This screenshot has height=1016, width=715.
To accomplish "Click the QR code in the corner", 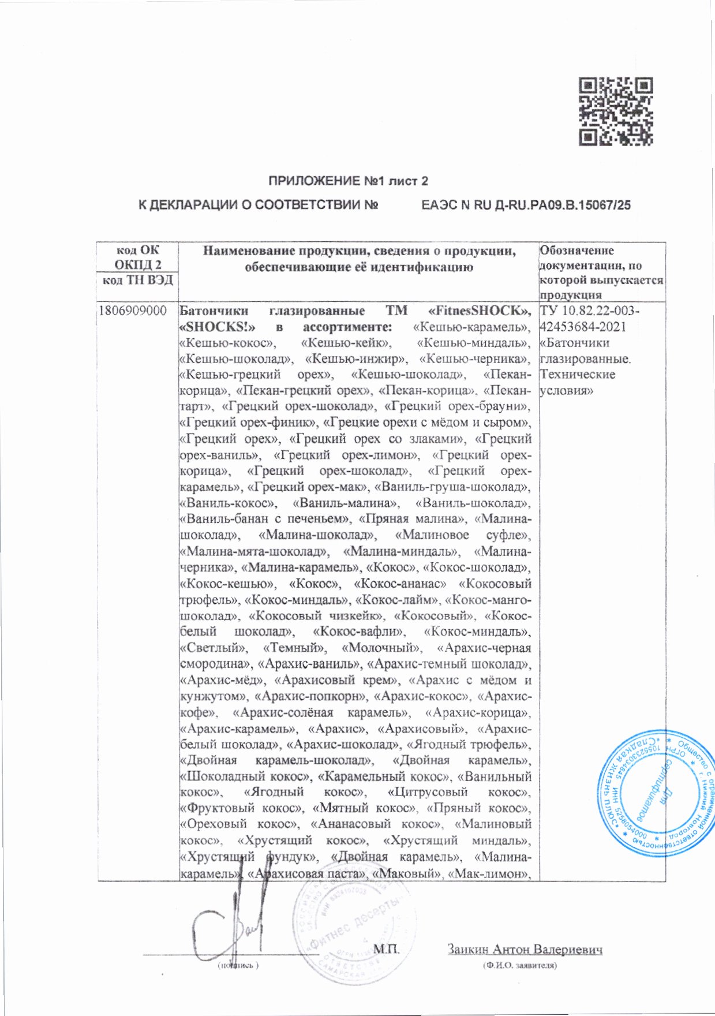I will [x=616, y=111].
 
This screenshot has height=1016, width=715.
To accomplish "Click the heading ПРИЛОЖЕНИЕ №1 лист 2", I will [x=348, y=181].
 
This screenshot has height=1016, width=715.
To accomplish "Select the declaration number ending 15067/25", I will [x=526, y=205].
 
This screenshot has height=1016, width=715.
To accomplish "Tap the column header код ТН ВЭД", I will [x=138, y=281].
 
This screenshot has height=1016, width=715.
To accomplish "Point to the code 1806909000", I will [x=133, y=311].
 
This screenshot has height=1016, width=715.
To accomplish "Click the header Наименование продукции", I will [x=358, y=251].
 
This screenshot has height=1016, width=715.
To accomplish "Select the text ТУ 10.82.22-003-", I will [x=589, y=311].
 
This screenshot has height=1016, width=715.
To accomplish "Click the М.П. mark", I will [x=386, y=948].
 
